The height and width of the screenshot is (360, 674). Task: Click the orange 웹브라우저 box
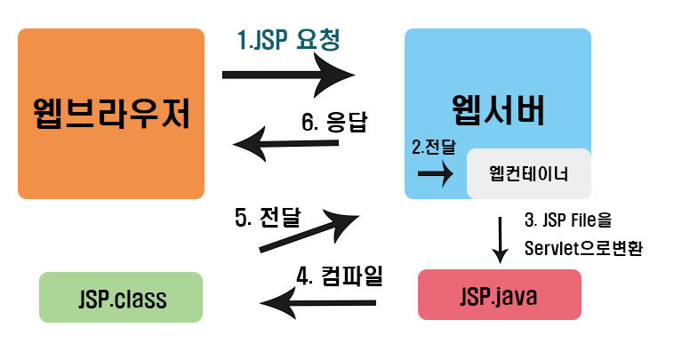tap(111, 113)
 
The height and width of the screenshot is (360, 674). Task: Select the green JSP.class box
tap(121, 297)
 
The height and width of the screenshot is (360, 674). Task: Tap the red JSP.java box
tap(499, 294)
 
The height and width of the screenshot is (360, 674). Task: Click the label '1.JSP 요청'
tap(289, 40)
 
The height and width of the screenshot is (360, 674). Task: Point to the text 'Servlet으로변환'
tap(582, 248)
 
